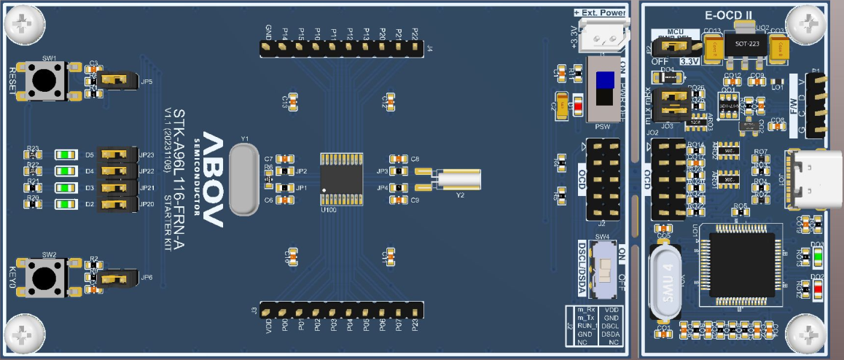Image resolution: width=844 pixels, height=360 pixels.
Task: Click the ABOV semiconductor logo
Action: (213, 179)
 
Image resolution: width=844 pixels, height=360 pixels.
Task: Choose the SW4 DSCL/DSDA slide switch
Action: (604, 269)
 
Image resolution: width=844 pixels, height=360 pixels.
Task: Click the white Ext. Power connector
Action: (604, 32)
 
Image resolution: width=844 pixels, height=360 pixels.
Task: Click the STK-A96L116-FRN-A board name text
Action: (179, 179)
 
